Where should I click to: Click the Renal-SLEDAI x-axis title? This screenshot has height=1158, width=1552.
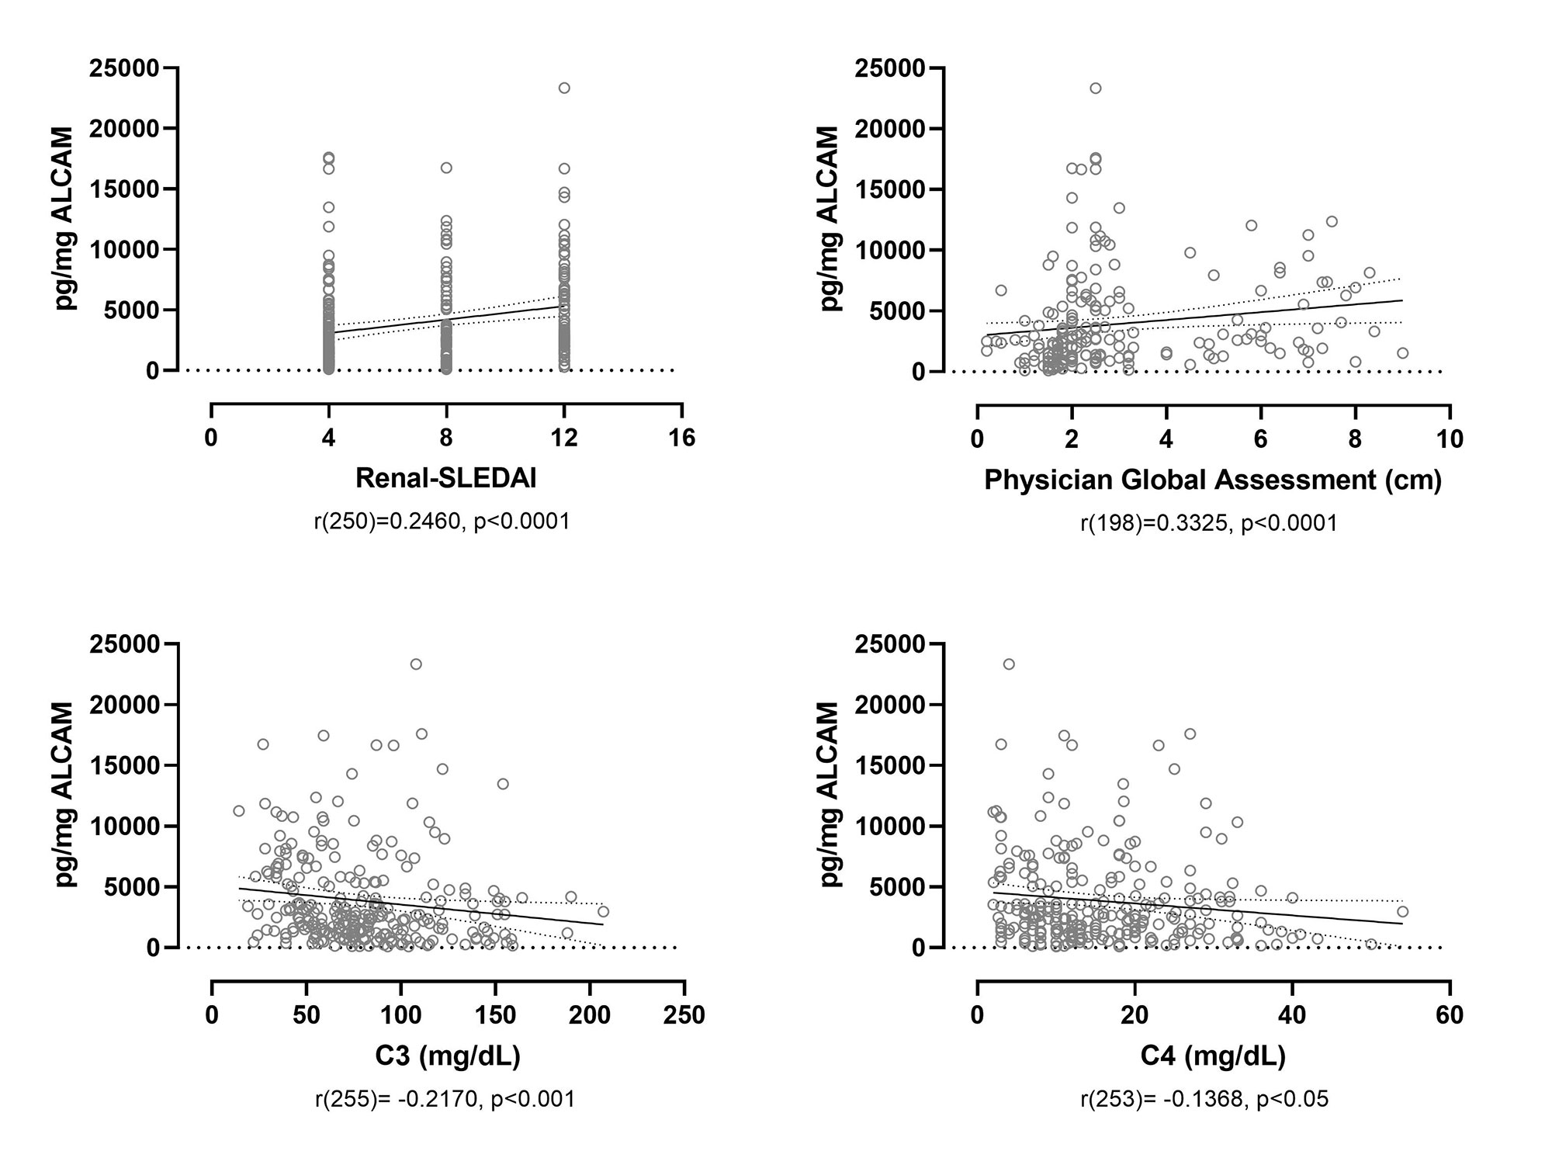(445, 478)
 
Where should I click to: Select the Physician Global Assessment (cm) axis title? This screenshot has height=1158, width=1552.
(1212, 480)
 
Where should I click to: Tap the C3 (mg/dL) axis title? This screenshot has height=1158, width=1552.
(448, 1056)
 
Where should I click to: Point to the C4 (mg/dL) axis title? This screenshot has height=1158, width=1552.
(1212, 1056)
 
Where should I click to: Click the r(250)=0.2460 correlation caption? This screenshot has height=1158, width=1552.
(442, 521)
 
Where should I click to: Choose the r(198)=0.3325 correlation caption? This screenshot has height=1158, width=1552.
(1209, 523)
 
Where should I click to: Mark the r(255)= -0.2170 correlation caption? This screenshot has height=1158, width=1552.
(445, 1099)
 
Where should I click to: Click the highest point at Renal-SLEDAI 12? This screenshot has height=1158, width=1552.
(564, 88)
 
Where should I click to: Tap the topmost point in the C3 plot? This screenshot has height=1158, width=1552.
(416, 664)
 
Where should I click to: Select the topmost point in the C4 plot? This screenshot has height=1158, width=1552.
(1009, 664)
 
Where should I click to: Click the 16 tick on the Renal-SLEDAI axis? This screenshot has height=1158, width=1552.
(682, 439)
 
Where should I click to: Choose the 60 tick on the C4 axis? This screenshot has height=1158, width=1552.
(1449, 1014)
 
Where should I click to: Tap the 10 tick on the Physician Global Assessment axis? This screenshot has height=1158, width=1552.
(1449, 439)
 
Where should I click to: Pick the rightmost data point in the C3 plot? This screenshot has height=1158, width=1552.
(603, 911)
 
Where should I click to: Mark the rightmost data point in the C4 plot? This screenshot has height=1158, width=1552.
(1402, 912)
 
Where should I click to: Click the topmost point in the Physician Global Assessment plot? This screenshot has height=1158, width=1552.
(1095, 88)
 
